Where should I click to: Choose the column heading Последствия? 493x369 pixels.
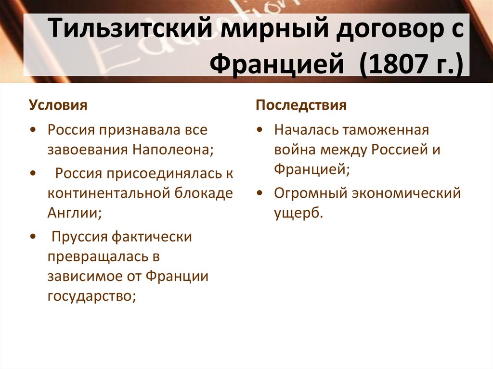point(301,105)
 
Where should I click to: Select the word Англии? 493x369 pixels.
point(74,213)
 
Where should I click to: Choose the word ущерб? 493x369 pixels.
point(297,213)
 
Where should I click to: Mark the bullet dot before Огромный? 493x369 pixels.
point(260,193)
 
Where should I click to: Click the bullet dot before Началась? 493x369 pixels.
point(260,130)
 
